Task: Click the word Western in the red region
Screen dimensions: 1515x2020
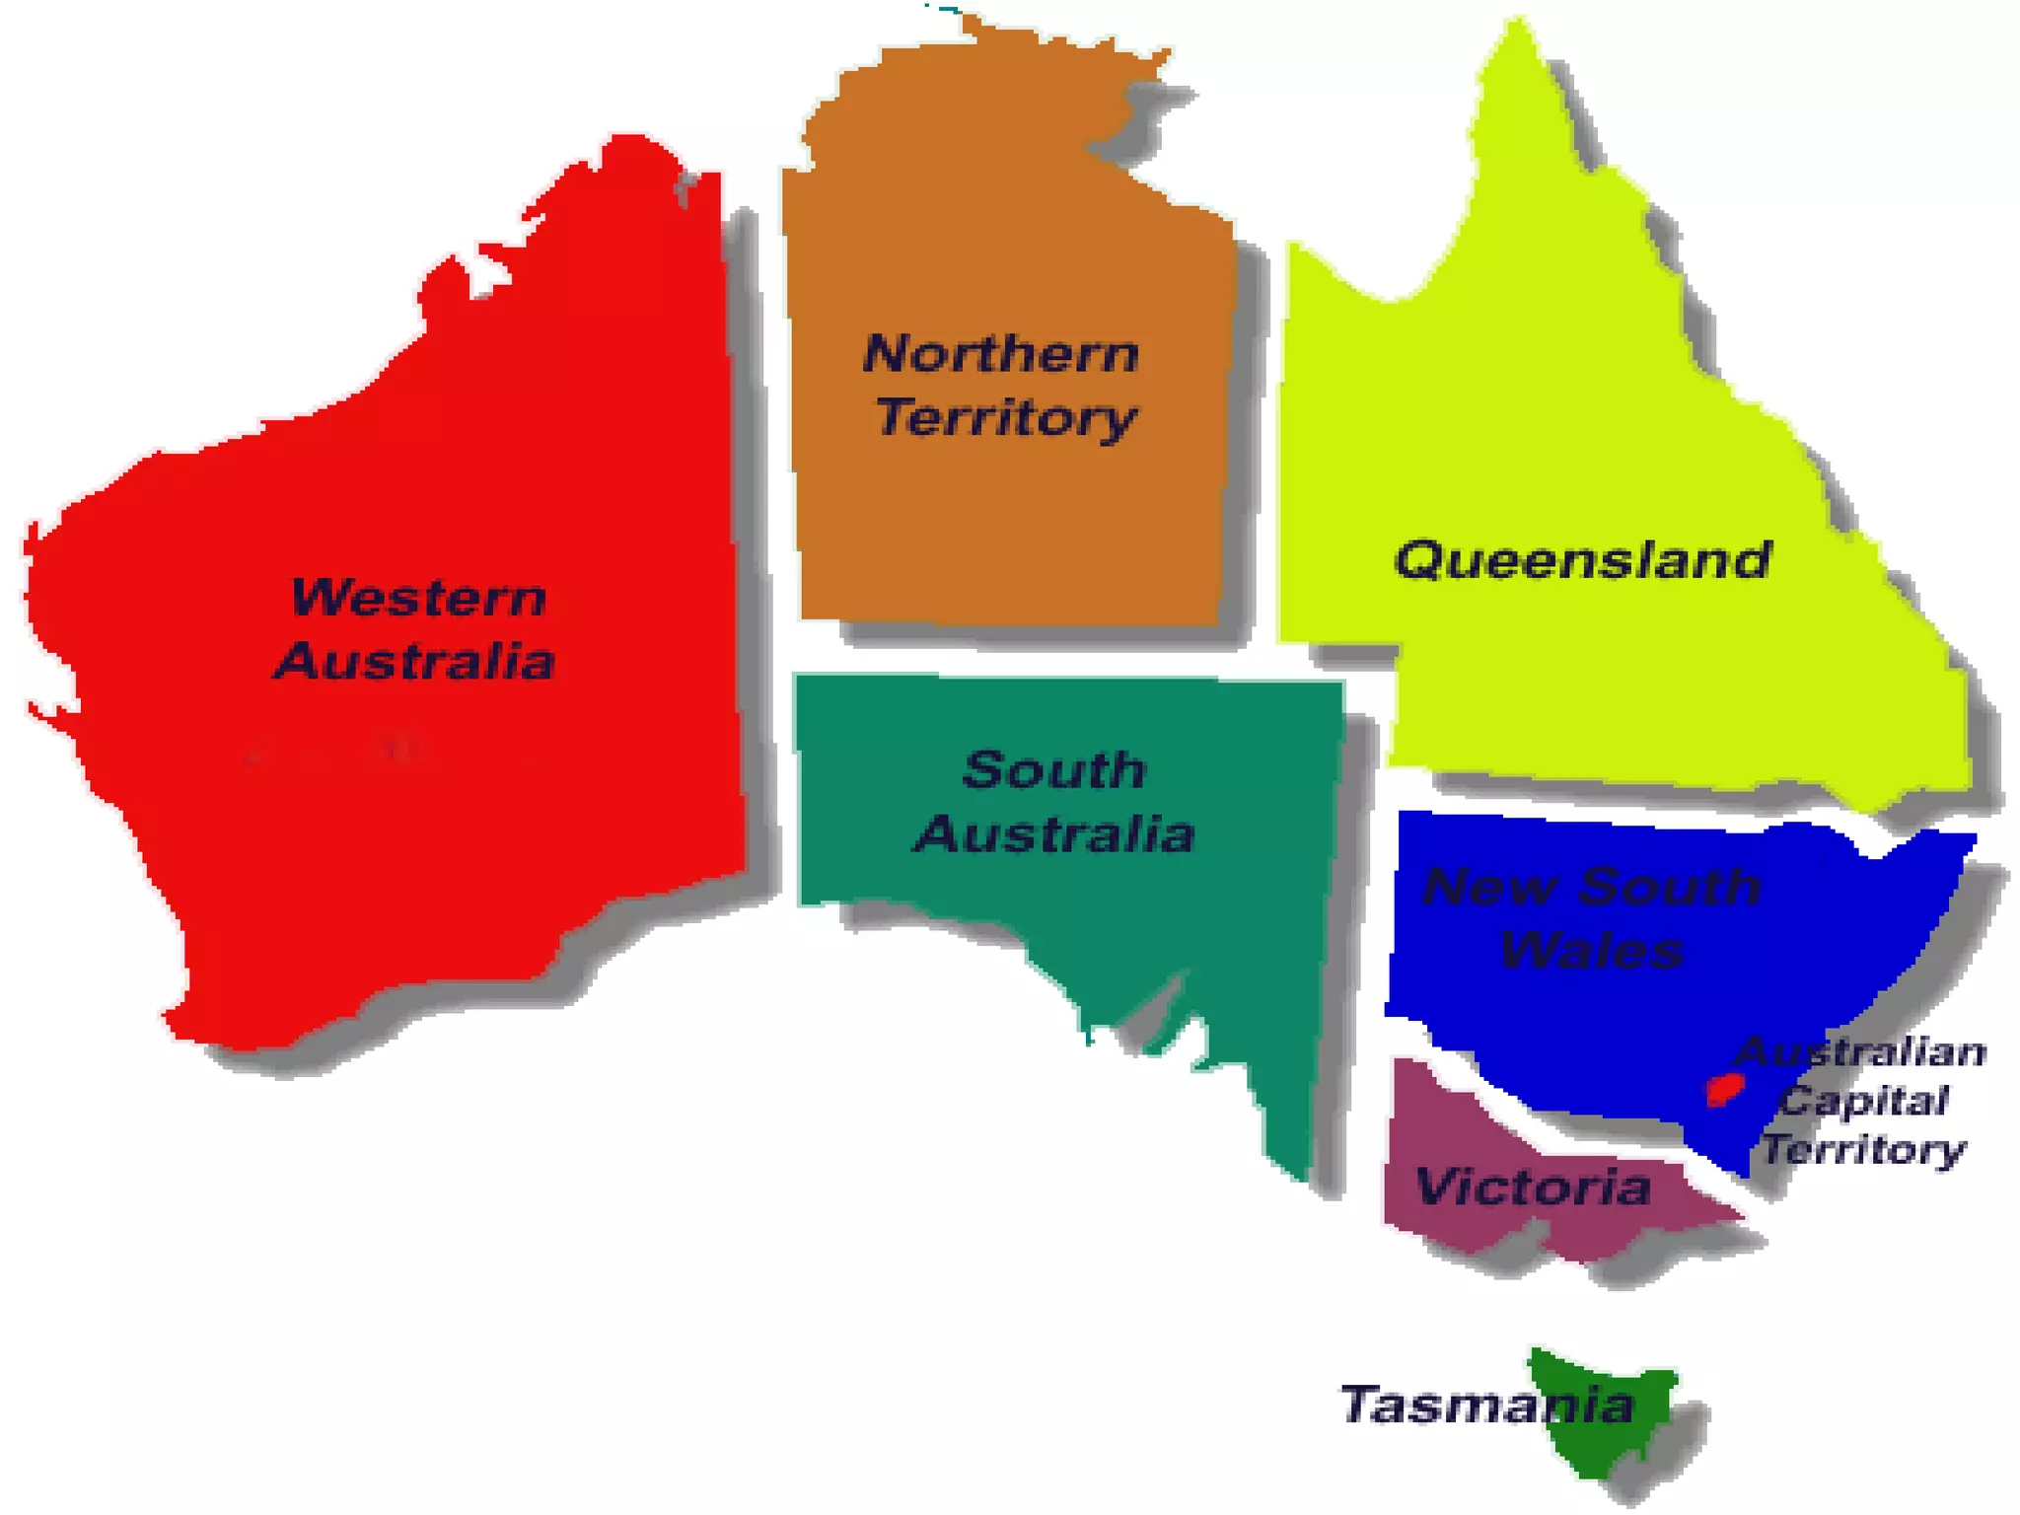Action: pos(418,598)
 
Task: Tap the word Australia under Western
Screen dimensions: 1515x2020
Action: pos(415,661)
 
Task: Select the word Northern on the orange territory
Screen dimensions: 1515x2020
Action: pos(1001,353)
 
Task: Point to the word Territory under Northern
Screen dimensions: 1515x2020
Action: pos(1006,417)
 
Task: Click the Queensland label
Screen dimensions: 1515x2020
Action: pos(1582,560)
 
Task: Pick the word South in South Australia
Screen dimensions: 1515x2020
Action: pos(1053,769)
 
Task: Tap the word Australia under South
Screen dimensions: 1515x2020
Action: pos(1054,833)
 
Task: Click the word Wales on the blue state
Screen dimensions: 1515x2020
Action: pos(1591,949)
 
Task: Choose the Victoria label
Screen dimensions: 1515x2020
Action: pos(1533,1187)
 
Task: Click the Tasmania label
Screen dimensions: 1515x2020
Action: pos(1486,1405)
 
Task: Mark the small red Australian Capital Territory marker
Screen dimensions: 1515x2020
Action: pos(1725,1090)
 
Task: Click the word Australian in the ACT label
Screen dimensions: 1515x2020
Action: pos(1862,1052)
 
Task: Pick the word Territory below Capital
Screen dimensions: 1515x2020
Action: pos(1864,1150)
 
